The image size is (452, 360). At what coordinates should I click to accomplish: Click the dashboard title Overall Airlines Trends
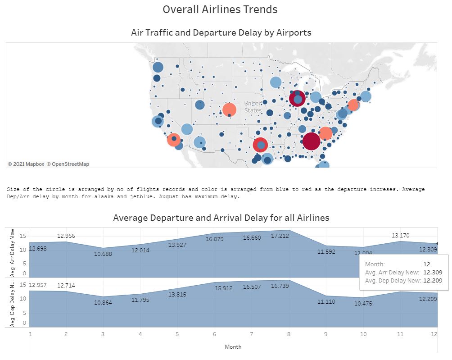coord(220,9)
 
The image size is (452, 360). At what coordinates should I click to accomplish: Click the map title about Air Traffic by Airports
coord(221,32)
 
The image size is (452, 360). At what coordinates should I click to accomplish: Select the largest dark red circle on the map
coord(311,141)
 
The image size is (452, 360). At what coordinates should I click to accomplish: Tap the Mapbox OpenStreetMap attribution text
coord(49,164)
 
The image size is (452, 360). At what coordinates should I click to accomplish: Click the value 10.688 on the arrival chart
coord(103,254)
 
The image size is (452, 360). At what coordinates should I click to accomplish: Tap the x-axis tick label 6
coord(215,334)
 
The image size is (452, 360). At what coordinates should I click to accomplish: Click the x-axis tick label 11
coord(400,334)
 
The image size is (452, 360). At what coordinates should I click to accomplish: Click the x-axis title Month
coord(233,347)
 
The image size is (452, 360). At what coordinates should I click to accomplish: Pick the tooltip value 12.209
coord(432,281)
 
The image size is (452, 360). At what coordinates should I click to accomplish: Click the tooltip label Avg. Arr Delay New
coord(392,272)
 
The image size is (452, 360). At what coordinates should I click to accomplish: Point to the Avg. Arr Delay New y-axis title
coord(12,252)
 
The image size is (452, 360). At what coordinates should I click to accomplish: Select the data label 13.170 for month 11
coord(400,235)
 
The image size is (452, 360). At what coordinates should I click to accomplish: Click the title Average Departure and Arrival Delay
coord(221,218)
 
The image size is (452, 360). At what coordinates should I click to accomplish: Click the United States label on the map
coord(253,107)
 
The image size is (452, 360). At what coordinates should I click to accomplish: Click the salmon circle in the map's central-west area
coord(229,109)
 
